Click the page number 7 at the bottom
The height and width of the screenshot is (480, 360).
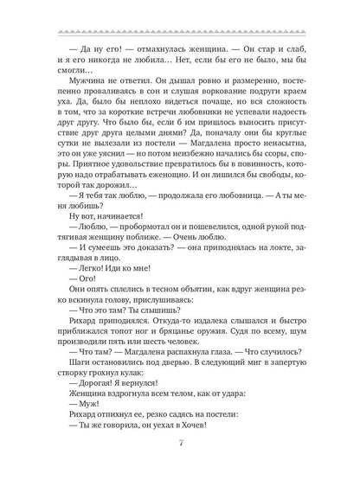(x=180, y=445)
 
